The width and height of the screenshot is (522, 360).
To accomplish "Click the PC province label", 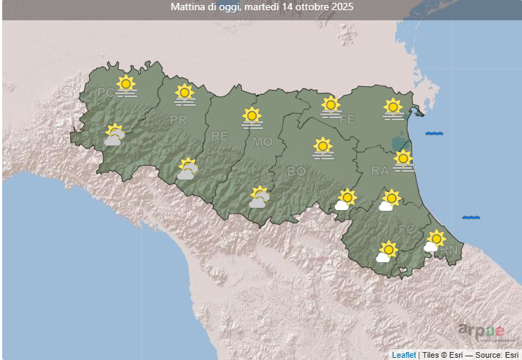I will (106, 92).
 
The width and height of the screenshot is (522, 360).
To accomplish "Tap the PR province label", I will (178, 120).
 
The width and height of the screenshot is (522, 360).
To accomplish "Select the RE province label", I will (219, 135).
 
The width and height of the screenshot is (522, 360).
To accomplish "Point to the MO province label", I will (262, 142).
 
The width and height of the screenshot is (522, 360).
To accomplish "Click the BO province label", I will (296, 172).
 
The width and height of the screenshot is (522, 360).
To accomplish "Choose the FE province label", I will (347, 120).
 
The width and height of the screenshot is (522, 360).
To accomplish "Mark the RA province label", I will (380, 171).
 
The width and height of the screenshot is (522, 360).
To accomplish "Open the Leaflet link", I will (404, 354).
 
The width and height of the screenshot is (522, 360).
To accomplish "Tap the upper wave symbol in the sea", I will (434, 133).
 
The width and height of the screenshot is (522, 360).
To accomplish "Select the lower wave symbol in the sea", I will (471, 217).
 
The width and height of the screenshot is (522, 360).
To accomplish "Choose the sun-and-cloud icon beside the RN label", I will (434, 240).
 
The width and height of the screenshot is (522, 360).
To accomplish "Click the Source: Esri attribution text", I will (498, 354).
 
